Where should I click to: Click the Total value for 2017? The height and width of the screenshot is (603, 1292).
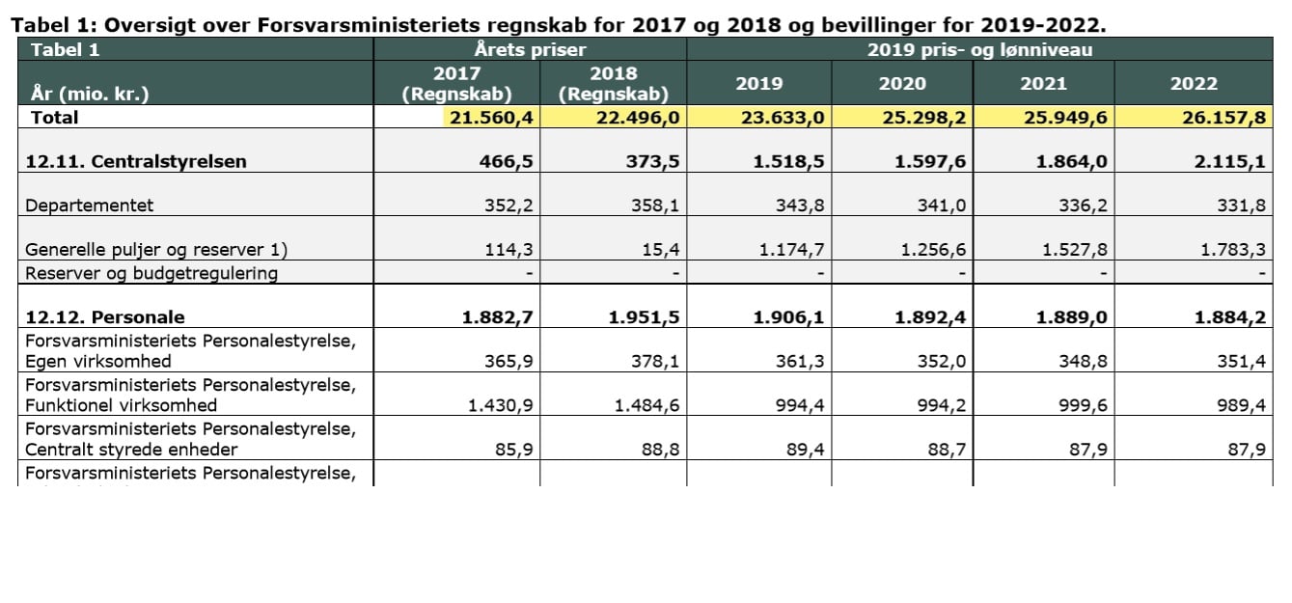click(491, 118)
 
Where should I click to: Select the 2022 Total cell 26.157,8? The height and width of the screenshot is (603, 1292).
click(1223, 118)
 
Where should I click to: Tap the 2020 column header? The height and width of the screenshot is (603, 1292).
click(902, 84)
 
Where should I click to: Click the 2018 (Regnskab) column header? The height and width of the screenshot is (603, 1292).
click(613, 84)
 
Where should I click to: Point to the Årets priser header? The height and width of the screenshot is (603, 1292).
click(530, 49)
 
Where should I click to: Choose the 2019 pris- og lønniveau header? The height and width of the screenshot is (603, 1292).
click(980, 49)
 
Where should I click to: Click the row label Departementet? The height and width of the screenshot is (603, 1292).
click(90, 206)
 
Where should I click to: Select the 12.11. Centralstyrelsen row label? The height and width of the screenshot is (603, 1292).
click(136, 161)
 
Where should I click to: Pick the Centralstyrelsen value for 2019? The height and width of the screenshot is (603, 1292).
click(788, 161)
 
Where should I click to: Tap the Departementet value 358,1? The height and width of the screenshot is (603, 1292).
click(655, 206)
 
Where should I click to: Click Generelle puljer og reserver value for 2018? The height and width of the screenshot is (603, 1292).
click(661, 250)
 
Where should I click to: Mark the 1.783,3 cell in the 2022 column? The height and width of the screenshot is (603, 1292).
click(1233, 250)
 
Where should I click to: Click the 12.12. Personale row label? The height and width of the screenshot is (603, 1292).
click(105, 317)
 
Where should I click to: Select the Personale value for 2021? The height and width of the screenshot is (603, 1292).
click(1072, 317)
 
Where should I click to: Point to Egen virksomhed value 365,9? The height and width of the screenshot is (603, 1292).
click(509, 362)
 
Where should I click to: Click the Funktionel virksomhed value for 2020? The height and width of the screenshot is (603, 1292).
click(942, 405)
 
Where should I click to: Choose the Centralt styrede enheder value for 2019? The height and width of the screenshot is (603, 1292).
click(805, 450)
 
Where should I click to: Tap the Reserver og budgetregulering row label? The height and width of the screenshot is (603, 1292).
click(151, 273)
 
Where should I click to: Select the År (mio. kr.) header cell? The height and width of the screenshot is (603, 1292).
click(90, 94)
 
